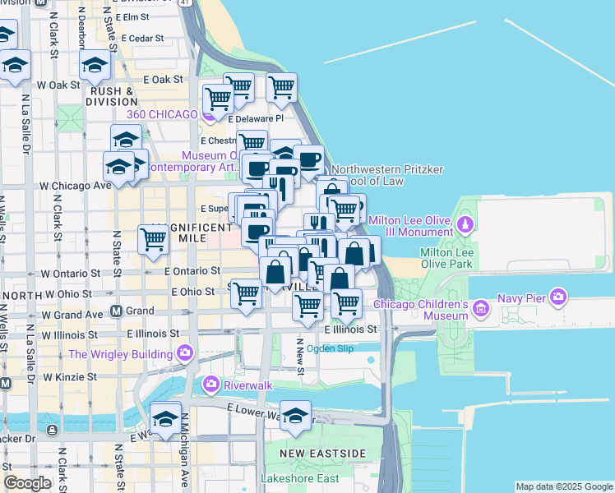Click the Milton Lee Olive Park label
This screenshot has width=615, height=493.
point(446,258)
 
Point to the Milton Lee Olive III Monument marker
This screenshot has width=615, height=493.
point(465,224)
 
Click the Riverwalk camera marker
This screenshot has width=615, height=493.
point(211,384)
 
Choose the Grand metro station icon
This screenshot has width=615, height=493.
point(116,311)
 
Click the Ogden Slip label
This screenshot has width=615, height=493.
point(330,348)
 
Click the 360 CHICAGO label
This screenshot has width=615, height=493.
point(161,114)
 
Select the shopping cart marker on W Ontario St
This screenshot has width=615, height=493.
point(154,241)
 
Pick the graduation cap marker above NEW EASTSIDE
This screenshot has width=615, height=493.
point(295,416)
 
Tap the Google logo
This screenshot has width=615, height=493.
point(28,483)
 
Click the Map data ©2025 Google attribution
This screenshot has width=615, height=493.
point(564,486)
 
